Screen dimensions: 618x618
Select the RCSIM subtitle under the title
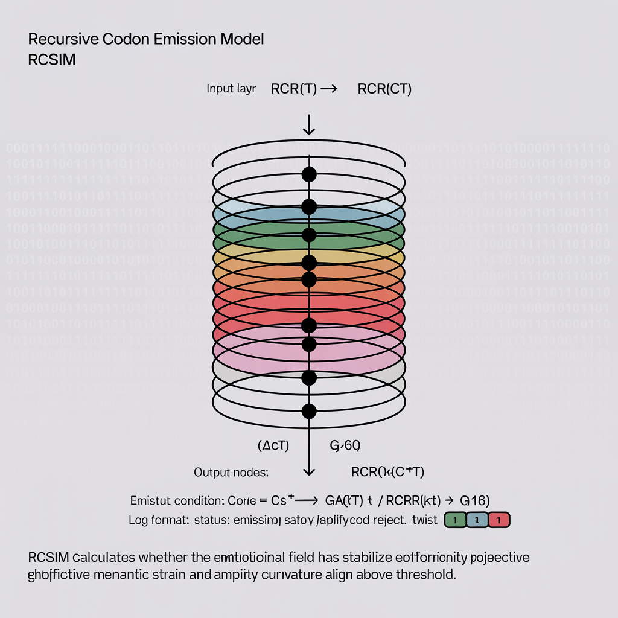click(x=52, y=61)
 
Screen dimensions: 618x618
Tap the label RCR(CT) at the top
click(x=384, y=89)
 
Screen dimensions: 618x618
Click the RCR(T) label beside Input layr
click(x=294, y=89)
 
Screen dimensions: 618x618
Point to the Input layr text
click(x=231, y=89)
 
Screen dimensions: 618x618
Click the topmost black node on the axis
click(x=309, y=175)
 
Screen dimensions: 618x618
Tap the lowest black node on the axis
click(x=309, y=412)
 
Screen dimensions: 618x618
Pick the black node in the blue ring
click(x=309, y=207)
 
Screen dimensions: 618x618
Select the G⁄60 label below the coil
click(x=345, y=447)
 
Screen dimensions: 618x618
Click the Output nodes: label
click(x=231, y=473)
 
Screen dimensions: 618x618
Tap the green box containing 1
click(x=455, y=520)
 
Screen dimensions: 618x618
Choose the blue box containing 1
click(x=477, y=520)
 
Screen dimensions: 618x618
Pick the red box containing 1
click(x=499, y=520)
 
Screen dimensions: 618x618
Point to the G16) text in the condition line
click(x=474, y=500)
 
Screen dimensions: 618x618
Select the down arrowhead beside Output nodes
click(x=309, y=471)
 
